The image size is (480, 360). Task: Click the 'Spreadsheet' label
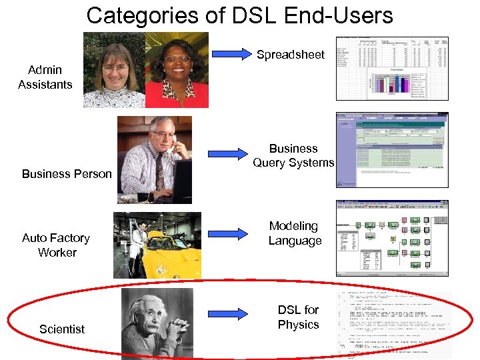pyautogui.click(x=291, y=55)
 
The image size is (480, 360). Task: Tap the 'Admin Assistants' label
pyautogui.click(x=45, y=77)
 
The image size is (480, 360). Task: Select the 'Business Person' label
pyautogui.click(x=67, y=174)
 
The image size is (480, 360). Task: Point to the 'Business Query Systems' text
pyautogui.click(x=293, y=155)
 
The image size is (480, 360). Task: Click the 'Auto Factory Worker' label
pyautogui.click(x=56, y=245)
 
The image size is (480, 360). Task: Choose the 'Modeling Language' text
pyautogui.click(x=295, y=233)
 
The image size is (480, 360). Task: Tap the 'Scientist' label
pyautogui.click(x=62, y=329)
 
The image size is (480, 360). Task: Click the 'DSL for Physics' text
pyautogui.click(x=298, y=317)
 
